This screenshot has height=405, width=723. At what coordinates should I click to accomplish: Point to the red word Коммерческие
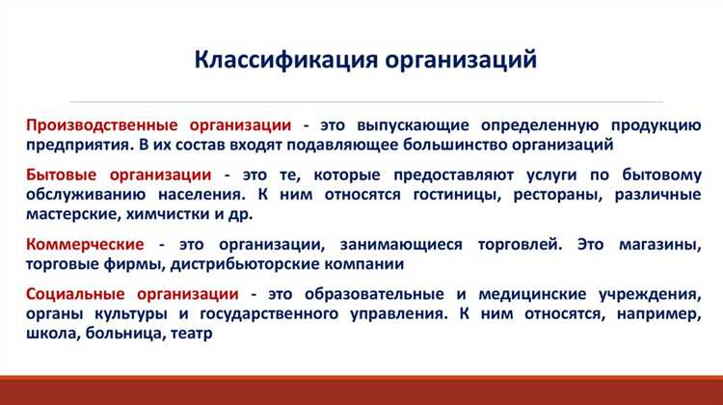point(85,244)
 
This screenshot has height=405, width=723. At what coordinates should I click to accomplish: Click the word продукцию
point(652,125)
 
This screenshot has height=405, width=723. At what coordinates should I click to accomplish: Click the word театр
point(189,333)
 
